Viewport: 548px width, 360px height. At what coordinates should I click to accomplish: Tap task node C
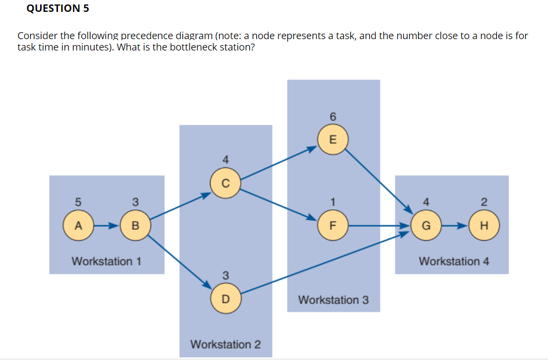tap(225, 183)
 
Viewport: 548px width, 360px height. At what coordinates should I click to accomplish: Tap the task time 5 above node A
tap(78, 202)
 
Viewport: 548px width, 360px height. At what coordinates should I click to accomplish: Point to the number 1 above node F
tap(333, 202)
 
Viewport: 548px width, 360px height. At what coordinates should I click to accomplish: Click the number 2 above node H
tap(484, 202)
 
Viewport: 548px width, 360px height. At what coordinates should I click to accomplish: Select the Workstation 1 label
tap(107, 261)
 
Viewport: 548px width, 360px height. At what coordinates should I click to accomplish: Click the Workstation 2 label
tap(225, 344)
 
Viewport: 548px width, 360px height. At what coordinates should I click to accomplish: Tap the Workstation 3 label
tap(333, 300)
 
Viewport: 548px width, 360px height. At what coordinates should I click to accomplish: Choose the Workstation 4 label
tap(454, 261)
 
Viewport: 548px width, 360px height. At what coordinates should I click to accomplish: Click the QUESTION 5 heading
tap(54, 8)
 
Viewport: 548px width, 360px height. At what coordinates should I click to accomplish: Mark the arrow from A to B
tap(107, 226)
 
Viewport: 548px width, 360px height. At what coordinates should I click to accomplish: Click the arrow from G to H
tap(455, 226)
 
